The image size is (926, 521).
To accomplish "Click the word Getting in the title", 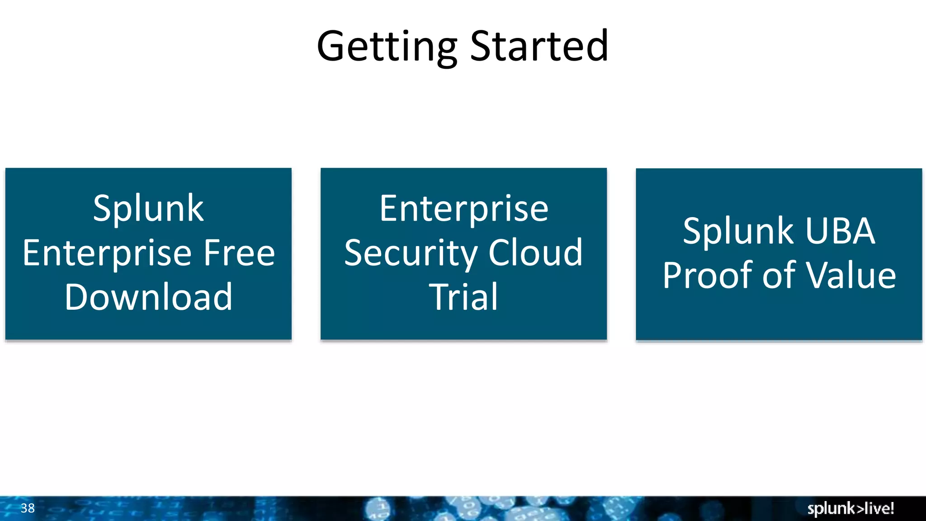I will coord(387,47).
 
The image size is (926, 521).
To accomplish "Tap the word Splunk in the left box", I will coord(148,209).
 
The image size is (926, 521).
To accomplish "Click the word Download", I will coord(148,297).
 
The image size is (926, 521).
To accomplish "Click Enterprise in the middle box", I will coord(463,209).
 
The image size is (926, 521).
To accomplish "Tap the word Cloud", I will coord(535,253).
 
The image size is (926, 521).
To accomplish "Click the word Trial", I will coord(463,297).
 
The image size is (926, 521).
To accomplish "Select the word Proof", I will coord(708,275).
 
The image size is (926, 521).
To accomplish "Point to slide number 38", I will coord(28,508).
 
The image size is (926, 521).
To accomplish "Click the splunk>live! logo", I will coord(850,508).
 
